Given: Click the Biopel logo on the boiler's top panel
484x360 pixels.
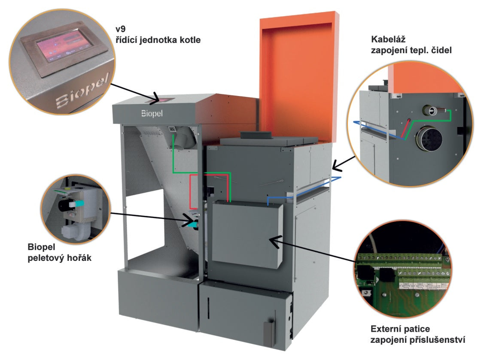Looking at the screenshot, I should (154, 114).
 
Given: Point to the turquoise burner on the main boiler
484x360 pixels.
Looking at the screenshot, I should (193, 224).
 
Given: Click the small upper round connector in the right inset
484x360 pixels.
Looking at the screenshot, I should (429, 110).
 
